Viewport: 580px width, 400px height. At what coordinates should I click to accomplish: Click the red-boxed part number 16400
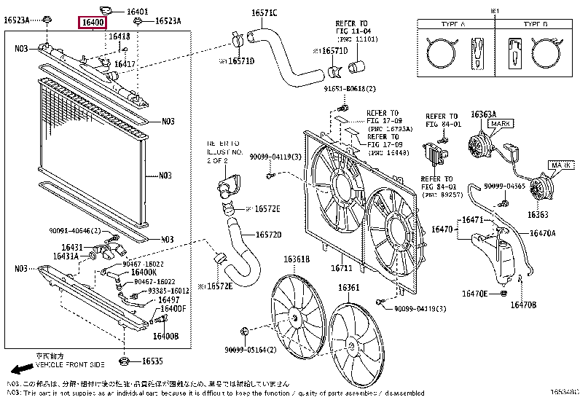pyautogui.click(x=93, y=23)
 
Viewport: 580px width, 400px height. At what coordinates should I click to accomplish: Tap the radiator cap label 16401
pyautogui.click(x=137, y=12)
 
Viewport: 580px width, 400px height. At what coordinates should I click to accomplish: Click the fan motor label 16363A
pyautogui.click(x=483, y=114)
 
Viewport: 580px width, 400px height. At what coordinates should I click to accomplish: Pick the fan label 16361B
pyautogui.click(x=297, y=259)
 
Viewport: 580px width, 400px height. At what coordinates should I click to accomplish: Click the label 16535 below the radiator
pyautogui.click(x=152, y=361)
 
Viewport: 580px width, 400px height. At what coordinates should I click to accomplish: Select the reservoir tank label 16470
pyautogui.click(x=442, y=230)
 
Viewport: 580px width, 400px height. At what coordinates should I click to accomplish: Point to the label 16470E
pyautogui.click(x=474, y=294)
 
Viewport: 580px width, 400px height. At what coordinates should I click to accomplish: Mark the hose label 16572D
pyautogui.click(x=268, y=235)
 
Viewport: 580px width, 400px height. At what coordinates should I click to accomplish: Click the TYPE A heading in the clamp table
pyautogui.click(x=457, y=24)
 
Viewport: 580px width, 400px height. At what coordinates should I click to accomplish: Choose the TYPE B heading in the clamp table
pyautogui.click(x=535, y=24)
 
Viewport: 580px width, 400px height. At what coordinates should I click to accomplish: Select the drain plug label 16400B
pyautogui.click(x=166, y=336)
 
